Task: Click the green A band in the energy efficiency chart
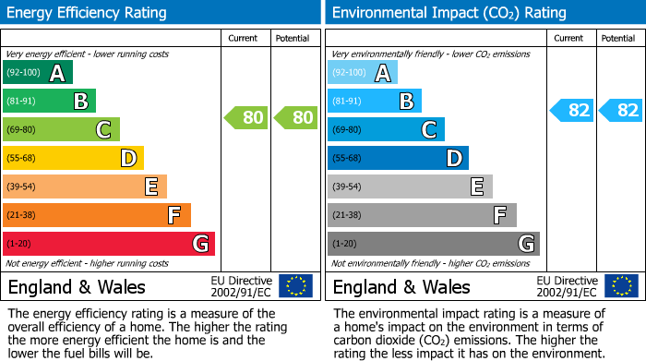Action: tap(38, 73)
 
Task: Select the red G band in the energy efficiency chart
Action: tap(109, 244)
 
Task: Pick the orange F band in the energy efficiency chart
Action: tap(97, 215)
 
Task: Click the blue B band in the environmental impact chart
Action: tap(375, 102)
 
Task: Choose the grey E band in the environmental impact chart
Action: tap(410, 187)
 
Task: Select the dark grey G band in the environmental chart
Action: tap(434, 244)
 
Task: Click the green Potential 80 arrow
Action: tap(295, 117)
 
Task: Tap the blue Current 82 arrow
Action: tap(572, 111)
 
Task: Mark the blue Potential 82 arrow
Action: tap(621, 111)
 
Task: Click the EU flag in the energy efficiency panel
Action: tap(295, 286)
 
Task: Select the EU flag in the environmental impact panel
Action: tap(621, 286)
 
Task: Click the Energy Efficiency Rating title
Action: tap(88, 13)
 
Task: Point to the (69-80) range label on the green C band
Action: tap(22, 130)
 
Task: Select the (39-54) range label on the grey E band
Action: tap(347, 187)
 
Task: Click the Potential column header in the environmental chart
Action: tap(618, 38)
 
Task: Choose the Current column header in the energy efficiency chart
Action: tap(245, 38)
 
